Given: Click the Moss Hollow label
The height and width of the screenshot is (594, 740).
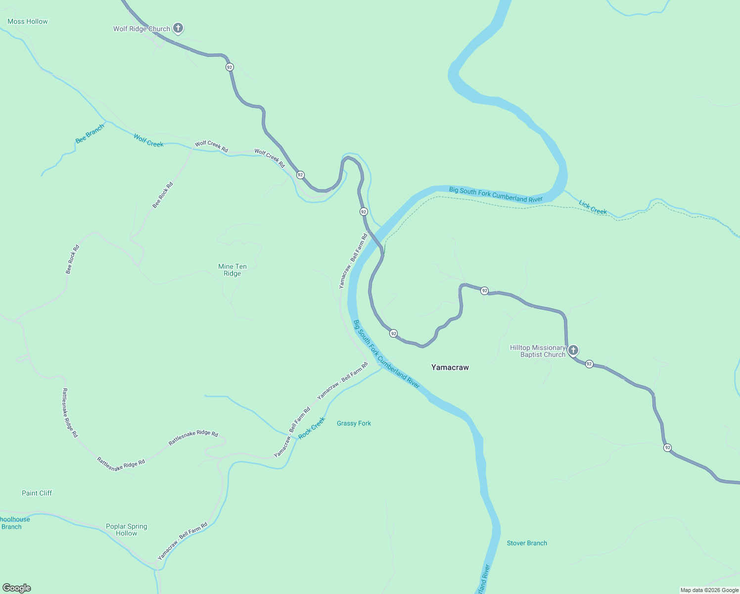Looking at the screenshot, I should click(28, 21).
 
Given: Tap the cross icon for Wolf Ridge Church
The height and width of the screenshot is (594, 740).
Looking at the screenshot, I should click(178, 28).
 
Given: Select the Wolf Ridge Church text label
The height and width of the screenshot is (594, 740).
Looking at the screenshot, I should click(141, 29).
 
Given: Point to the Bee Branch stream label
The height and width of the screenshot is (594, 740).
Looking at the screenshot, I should click(90, 134).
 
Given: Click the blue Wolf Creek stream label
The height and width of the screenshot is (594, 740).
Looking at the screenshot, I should click(148, 141).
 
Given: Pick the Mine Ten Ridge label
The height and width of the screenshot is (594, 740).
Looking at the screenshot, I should click(232, 270).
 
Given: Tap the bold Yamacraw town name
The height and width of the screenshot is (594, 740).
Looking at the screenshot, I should click(450, 367).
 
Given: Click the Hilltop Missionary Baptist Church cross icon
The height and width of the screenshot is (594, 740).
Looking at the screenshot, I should click(573, 350).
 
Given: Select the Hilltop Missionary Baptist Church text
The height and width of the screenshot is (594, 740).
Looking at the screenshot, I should click(538, 351).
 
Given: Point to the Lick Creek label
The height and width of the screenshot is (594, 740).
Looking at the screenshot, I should click(593, 207).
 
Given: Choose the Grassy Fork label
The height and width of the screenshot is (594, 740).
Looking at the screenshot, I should click(354, 423).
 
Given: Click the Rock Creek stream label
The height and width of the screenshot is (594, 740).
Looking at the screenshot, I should click(312, 427).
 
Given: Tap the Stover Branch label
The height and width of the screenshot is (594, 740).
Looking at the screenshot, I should click(527, 543).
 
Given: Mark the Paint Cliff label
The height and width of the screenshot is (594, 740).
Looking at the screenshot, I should click(37, 493).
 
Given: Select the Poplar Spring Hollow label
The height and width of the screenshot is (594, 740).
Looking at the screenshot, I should click(127, 530).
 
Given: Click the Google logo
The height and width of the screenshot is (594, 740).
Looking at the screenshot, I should click(17, 588).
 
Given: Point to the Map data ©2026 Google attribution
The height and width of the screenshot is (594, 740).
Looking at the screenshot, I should click(709, 590).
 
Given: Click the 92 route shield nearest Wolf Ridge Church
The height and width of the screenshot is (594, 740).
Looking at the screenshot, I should click(229, 67).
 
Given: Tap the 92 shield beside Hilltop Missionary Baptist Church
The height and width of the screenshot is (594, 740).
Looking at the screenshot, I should click(589, 364).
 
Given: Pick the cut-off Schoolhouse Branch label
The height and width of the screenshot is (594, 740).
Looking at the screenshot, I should click(14, 523).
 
